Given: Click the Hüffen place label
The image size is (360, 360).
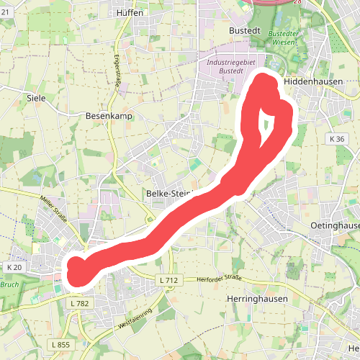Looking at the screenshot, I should [130, 12].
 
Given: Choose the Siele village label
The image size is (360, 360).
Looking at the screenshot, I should [35, 97].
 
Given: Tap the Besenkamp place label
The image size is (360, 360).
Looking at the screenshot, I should [106, 115].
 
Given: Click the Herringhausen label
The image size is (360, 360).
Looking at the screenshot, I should [247, 299].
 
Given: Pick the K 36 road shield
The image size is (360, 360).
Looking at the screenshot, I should [336, 138].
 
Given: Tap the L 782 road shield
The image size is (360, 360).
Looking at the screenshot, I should [79, 304].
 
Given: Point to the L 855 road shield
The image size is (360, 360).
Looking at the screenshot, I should [62, 346].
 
